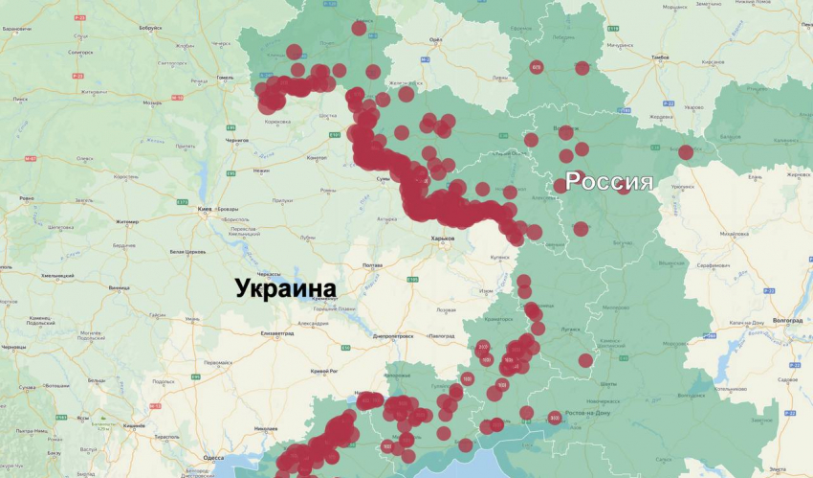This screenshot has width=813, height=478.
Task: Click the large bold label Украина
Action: click(287, 288)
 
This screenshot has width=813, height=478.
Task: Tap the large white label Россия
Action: click(609, 182)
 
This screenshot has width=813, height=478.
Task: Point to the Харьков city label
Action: click(442, 239)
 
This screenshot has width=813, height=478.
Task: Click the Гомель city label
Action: click(226, 78)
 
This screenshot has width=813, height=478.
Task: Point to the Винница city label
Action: click(120, 287)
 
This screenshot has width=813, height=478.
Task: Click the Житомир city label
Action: click(126, 221)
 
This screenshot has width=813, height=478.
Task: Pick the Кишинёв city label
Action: click(134, 424)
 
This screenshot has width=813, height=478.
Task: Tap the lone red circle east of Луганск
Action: click(585, 360)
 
